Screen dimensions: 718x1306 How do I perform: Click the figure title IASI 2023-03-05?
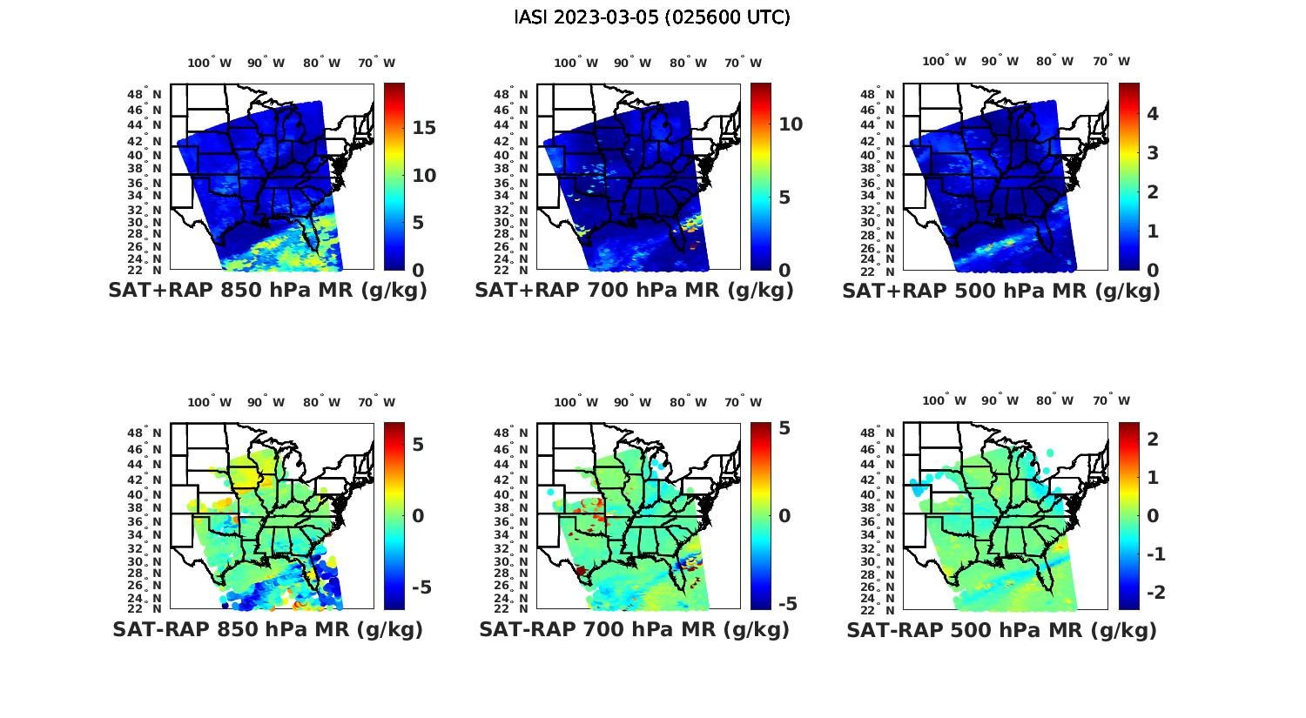tap(652, 17)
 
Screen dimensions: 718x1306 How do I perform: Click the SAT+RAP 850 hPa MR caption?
tap(267, 291)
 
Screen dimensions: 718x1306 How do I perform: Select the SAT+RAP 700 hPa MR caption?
tap(634, 291)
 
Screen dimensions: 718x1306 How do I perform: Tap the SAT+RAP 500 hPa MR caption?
tap(1001, 291)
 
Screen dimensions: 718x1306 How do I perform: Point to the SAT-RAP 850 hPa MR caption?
tap(267, 629)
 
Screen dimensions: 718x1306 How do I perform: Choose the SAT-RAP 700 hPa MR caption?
tap(634, 629)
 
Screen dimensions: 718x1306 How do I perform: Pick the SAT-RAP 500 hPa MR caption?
tap(1001, 629)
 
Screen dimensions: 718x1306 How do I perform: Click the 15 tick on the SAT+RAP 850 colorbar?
tap(424, 128)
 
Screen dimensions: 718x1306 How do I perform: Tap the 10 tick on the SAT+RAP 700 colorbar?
tap(791, 124)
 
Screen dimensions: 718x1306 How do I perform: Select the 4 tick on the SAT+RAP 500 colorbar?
tap(1153, 113)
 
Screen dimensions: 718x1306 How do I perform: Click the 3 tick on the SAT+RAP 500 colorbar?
tap(1153, 152)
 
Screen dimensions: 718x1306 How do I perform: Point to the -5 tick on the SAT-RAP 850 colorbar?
tap(421, 587)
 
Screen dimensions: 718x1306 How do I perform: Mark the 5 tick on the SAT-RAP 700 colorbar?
tap(784, 428)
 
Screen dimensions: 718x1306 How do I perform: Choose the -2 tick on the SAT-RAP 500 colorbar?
tap(1153, 592)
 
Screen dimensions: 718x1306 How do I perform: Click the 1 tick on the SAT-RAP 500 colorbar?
tap(1153, 477)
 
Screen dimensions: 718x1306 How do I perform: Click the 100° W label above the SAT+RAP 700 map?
tap(576, 63)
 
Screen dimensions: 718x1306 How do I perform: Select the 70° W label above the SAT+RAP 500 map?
tap(1111, 61)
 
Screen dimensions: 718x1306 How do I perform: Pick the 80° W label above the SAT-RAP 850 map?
tap(321, 402)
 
